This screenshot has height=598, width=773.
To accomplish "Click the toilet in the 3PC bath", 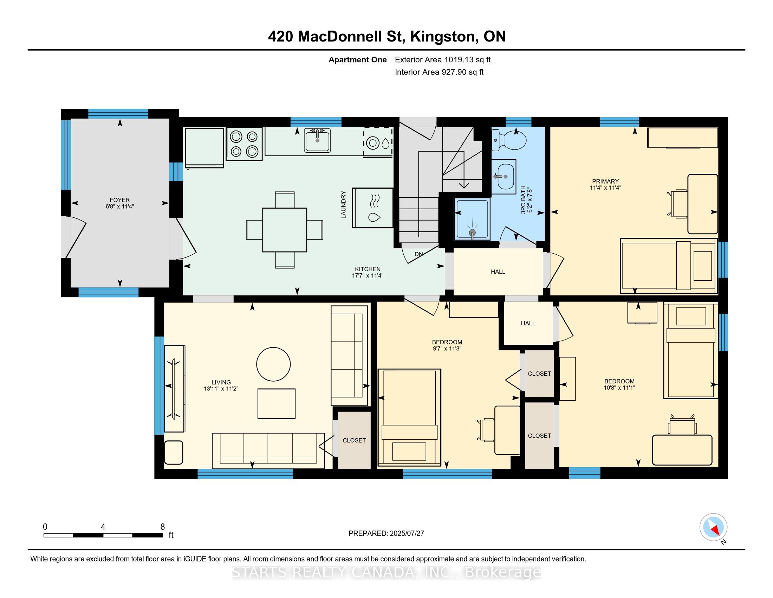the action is [509, 140].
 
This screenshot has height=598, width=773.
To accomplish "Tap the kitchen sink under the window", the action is [317, 140].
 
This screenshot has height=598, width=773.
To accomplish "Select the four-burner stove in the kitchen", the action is [244, 144].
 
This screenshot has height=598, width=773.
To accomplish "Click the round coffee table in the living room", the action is [273, 364].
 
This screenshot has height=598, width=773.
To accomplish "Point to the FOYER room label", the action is [119, 200].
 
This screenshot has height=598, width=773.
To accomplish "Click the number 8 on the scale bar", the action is [162, 527].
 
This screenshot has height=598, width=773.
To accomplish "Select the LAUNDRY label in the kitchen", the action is [343, 205].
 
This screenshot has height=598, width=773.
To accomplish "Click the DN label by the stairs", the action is [419, 254].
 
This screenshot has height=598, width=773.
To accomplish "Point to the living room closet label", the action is [354, 440].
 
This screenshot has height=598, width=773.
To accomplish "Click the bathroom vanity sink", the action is [504, 177].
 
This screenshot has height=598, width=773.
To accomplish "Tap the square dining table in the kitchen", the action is [285, 230].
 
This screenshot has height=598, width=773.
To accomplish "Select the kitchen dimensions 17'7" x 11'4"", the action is [368, 275].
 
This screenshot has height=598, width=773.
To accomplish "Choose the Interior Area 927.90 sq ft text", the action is [439, 72].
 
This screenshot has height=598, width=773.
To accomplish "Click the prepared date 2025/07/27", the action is [407, 533].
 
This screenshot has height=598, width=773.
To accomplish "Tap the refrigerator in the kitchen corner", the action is [204, 147].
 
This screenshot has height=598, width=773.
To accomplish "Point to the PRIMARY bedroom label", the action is [605, 181].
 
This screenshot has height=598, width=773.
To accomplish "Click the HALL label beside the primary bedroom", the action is [498, 272].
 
